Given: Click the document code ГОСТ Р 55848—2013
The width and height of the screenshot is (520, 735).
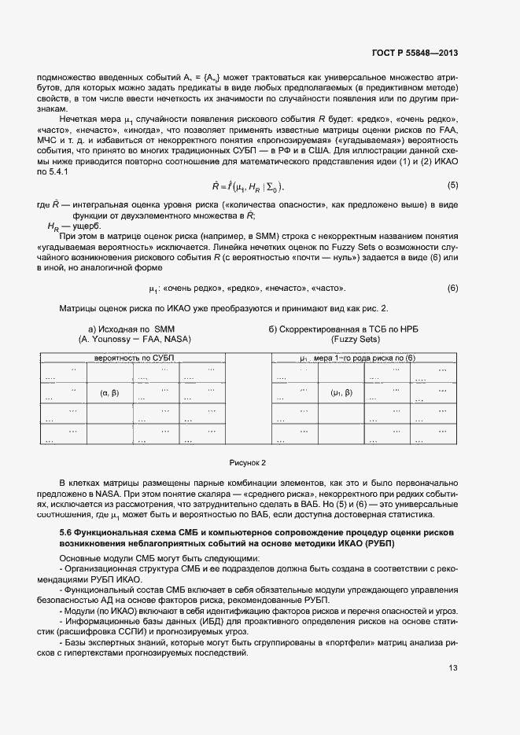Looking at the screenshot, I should tap(415, 53).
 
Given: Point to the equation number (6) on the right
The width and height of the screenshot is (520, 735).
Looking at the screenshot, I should tap(452, 288).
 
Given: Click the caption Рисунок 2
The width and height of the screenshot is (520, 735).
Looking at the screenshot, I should tap(248, 462).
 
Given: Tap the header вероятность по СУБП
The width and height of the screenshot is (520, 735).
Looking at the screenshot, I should tap(134, 358).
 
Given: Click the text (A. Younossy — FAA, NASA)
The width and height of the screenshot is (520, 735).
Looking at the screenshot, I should tap(135, 340).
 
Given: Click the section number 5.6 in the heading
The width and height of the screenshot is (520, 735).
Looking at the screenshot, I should tap(57, 534).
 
